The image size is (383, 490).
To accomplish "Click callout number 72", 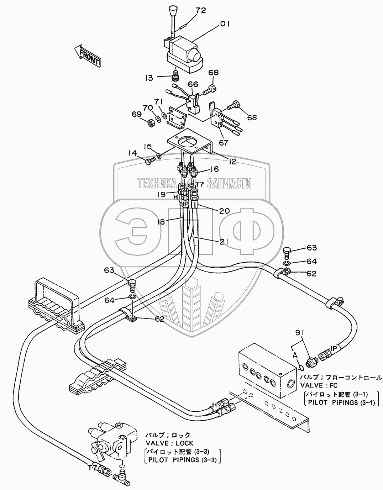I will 201,11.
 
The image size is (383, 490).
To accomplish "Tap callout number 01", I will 225,24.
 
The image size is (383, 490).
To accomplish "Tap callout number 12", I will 232,162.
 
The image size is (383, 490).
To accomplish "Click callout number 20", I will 224,211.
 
